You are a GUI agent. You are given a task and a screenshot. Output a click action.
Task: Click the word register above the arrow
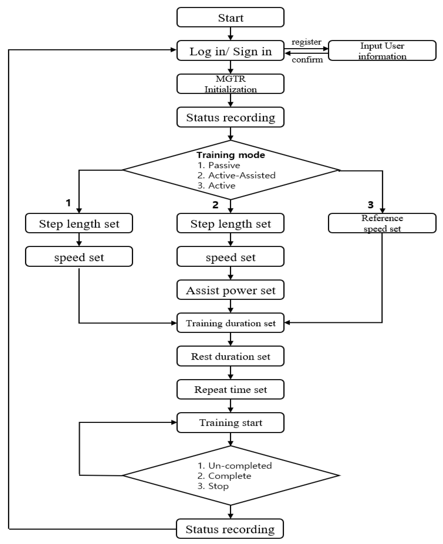[306, 42]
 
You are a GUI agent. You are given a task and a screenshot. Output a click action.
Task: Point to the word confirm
[307, 60]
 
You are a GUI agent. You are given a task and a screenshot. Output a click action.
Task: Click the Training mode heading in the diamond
[231, 155]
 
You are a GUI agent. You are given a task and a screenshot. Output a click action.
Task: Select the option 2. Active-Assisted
[236, 175]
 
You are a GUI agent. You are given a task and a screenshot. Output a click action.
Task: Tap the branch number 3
[371, 204]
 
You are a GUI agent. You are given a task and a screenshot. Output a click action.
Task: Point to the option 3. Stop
[213, 486]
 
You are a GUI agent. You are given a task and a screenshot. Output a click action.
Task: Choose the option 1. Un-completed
[235, 466]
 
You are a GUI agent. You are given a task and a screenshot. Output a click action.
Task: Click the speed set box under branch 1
[79, 257]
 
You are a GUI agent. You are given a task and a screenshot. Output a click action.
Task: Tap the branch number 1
[68, 203]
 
